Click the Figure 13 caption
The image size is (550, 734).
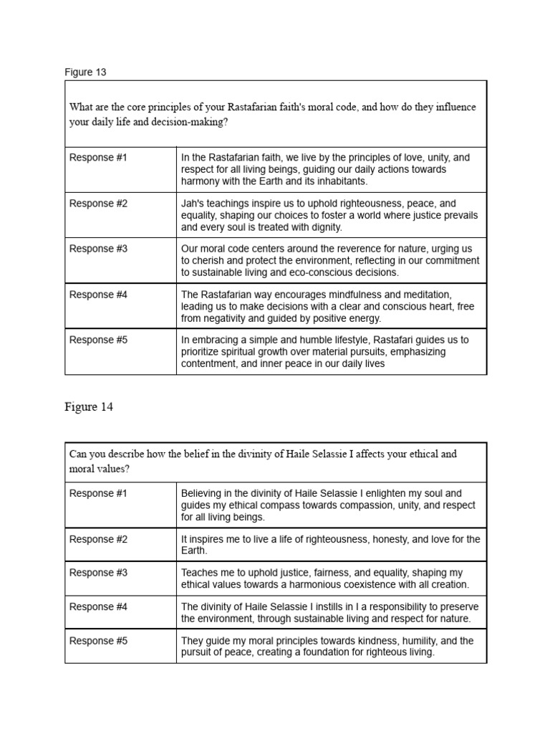[85, 72]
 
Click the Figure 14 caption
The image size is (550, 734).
[89, 407]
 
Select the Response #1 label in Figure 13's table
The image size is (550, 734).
[98, 158]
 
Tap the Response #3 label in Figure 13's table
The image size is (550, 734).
[98, 249]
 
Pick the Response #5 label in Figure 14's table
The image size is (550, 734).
[98, 641]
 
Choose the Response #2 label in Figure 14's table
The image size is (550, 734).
[98, 539]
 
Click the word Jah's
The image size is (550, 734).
[193, 204]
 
